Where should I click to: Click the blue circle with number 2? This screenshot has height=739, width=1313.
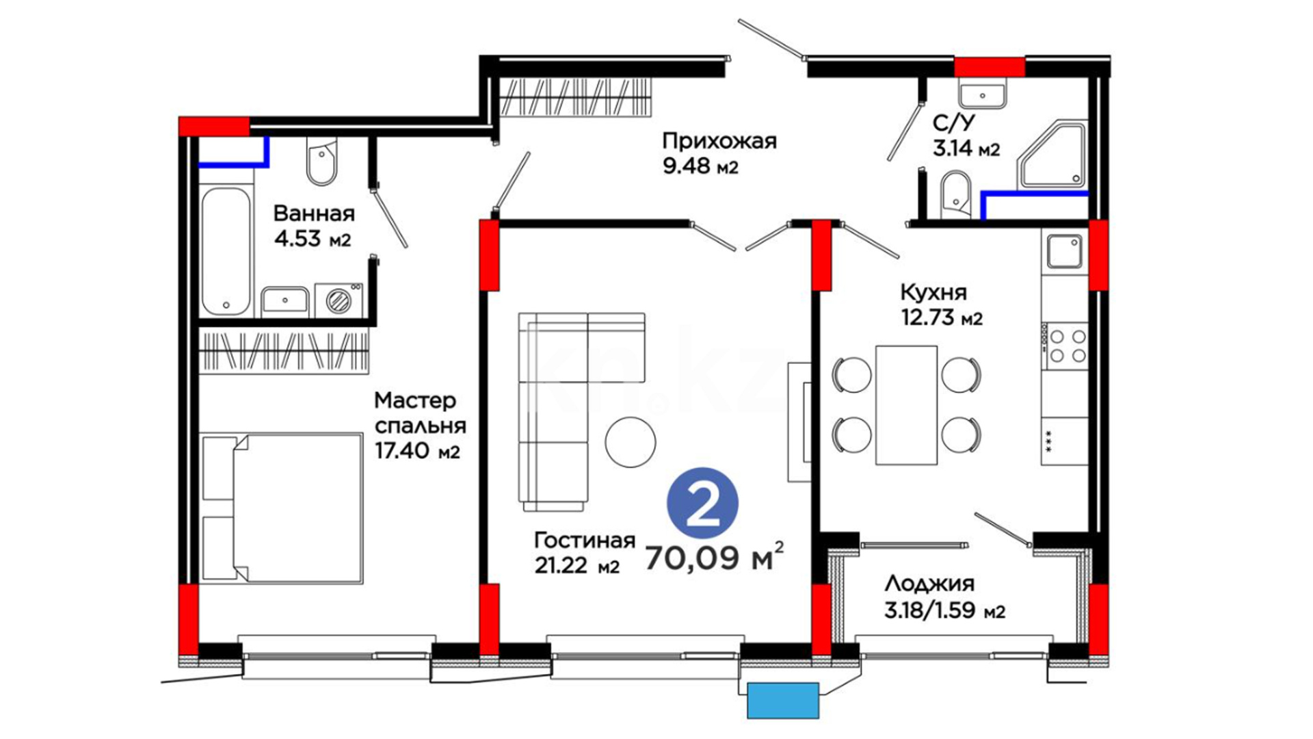(702, 504)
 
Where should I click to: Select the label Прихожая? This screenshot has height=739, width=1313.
(719, 141)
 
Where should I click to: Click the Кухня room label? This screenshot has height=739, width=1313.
(933, 293)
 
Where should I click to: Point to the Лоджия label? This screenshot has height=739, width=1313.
(929, 584)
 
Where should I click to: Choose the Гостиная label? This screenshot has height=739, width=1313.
(585, 541)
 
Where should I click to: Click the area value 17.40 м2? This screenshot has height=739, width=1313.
(417, 451)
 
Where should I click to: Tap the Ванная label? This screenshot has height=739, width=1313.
(314, 213)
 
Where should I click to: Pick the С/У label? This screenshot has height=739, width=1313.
(954, 123)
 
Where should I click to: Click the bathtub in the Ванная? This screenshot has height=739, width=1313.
(226, 251)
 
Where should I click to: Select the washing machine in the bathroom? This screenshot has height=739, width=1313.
(339, 300)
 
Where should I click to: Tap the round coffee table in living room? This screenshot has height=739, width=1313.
(631, 442)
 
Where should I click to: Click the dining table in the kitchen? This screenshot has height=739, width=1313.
(907, 405)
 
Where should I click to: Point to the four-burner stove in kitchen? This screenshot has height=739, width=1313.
(1065, 346)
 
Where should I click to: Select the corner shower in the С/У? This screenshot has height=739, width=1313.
(1052, 155)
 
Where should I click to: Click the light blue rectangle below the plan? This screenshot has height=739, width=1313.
(783, 701)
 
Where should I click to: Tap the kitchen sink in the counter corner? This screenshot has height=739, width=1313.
(1065, 250)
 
